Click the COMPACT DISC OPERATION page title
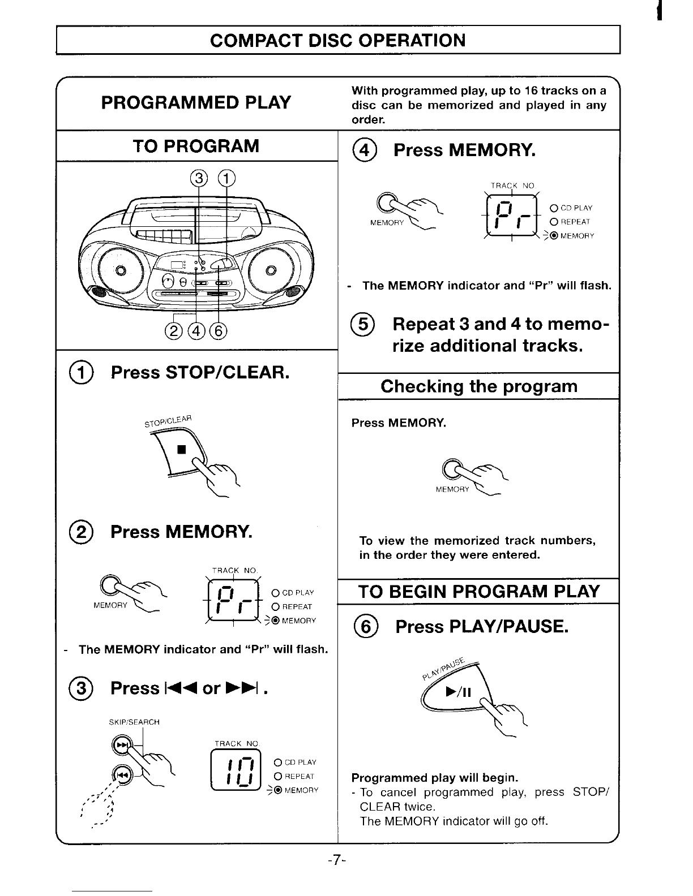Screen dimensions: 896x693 338,40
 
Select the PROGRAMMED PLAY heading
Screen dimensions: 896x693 196,102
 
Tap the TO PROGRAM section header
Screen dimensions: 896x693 196,146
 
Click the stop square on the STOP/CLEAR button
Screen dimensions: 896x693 181,450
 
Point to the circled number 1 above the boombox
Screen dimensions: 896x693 226,179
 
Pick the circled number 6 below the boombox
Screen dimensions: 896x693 220,330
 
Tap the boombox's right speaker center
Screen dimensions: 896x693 271,269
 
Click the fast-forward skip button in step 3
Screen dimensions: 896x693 121,746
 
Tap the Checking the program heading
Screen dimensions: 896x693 479,386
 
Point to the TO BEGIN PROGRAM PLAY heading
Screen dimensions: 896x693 479,592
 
